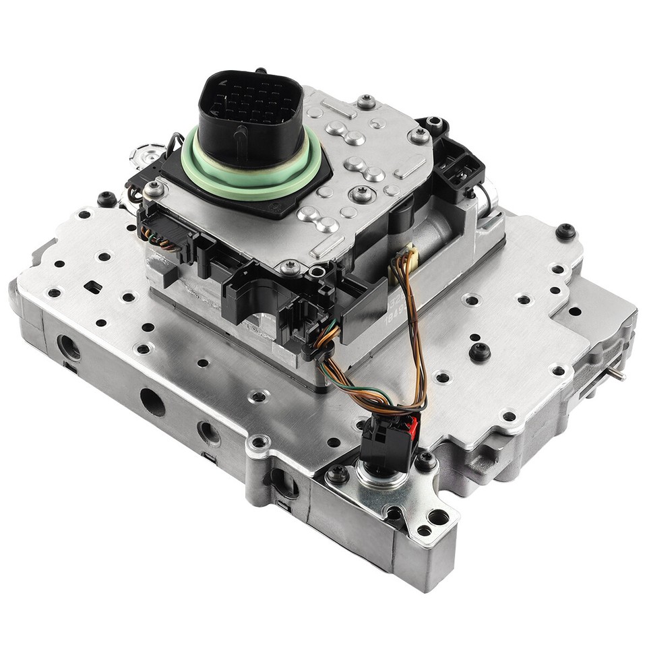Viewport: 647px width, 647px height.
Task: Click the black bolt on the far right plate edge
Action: pos(565,231)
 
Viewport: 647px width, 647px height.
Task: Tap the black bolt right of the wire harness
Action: pos(479,352)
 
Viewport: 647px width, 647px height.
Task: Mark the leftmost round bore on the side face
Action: pos(68,348)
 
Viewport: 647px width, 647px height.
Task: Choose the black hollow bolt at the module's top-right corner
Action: pos(435,125)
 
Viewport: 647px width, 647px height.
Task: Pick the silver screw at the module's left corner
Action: pos(154,191)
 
